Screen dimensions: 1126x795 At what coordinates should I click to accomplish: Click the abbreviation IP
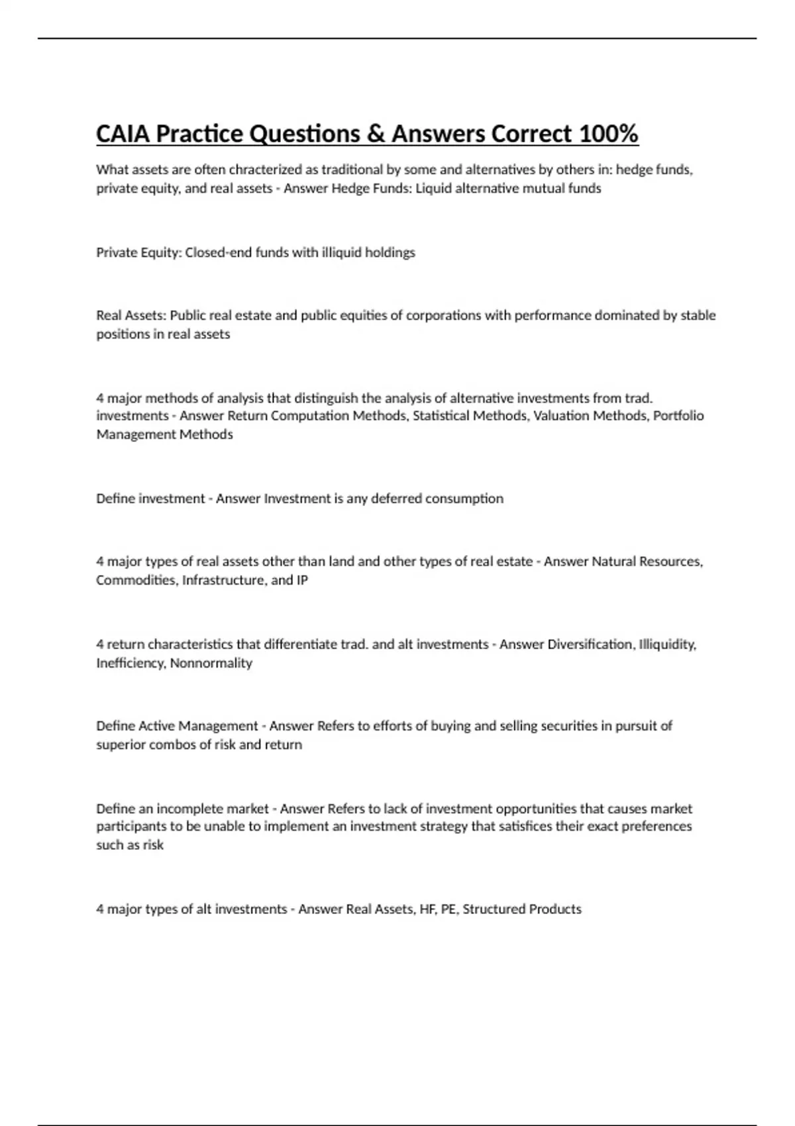click(x=302, y=580)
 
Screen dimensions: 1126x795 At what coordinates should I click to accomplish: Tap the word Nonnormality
click(x=211, y=663)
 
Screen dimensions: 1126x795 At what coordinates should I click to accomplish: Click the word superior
click(x=120, y=744)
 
